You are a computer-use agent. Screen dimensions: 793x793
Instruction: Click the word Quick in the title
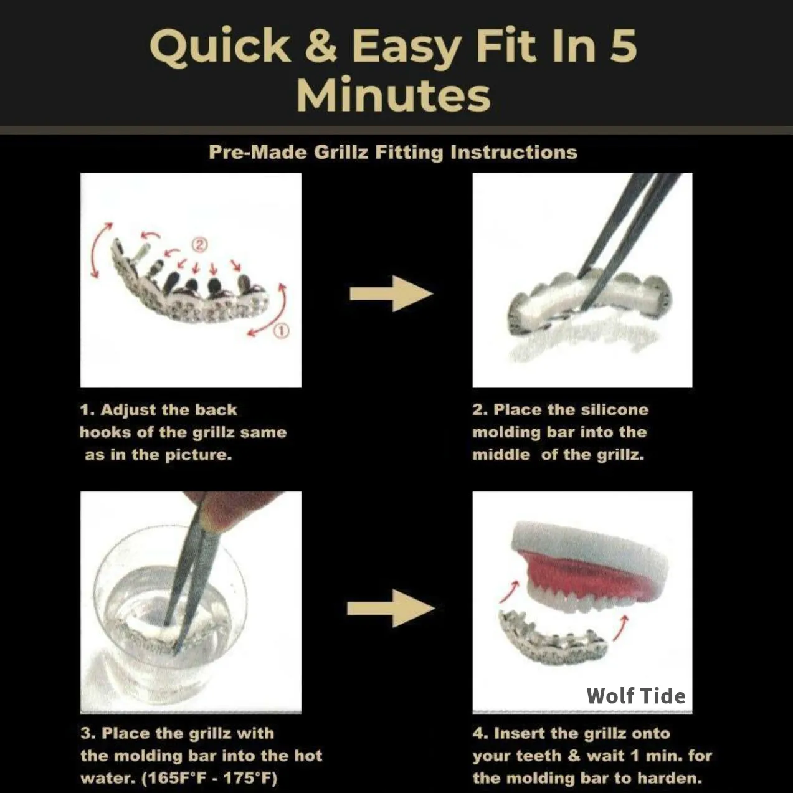pyautogui.click(x=220, y=47)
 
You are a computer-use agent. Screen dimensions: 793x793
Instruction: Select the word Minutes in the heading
pyautogui.click(x=394, y=94)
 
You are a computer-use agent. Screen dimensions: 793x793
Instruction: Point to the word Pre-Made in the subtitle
pyautogui.click(x=258, y=152)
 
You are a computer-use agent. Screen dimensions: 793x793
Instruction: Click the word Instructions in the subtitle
pyautogui.click(x=513, y=152)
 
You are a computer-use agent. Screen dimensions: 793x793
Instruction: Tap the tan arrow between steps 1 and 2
pyautogui.click(x=391, y=293)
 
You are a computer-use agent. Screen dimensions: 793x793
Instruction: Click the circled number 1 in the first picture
pyautogui.click(x=282, y=331)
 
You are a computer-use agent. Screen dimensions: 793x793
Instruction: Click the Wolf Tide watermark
pyautogui.click(x=636, y=696)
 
